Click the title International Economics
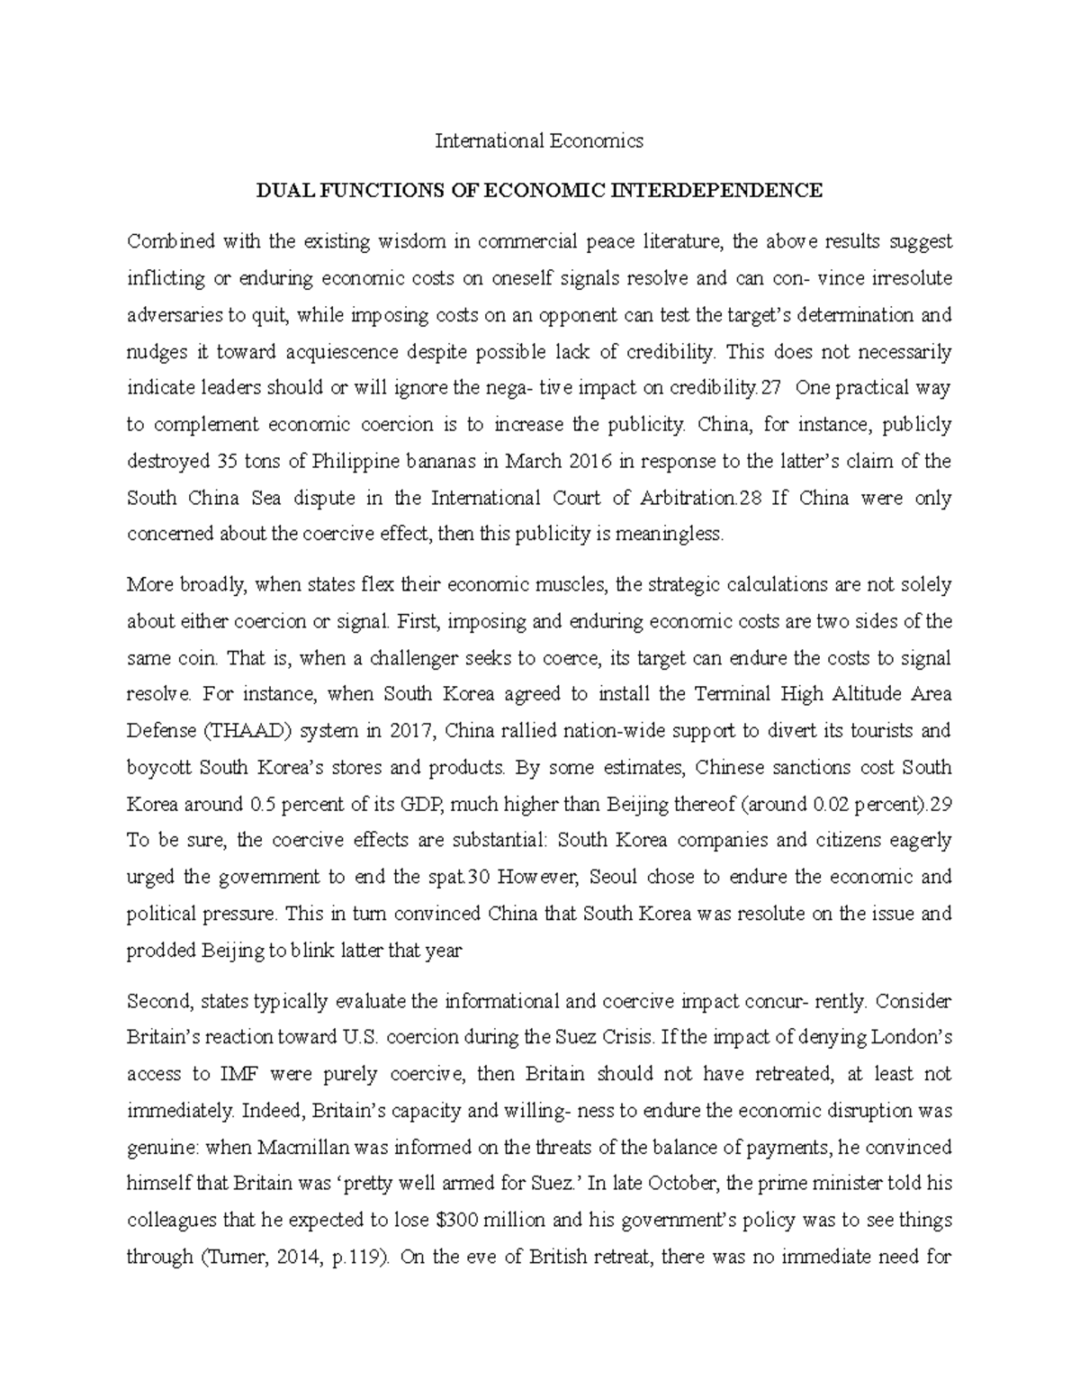(539, 140)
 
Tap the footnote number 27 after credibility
(771, 388)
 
